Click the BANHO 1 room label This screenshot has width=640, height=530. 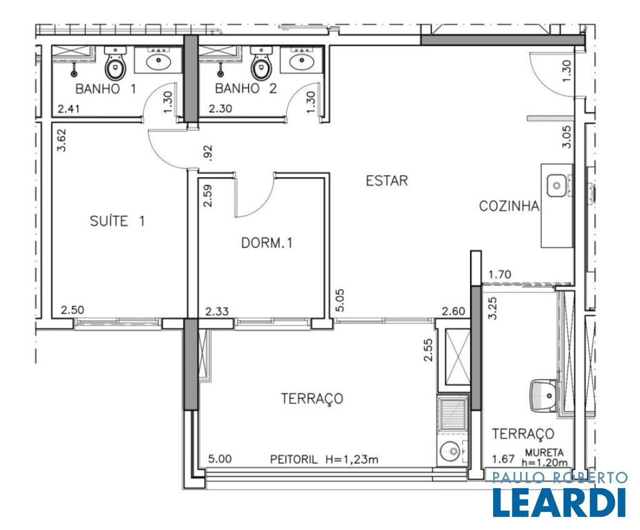point(106,89)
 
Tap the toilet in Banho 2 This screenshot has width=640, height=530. point(261,63)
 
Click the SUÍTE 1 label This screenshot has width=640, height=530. point(117,221)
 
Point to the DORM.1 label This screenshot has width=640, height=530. point(267,243)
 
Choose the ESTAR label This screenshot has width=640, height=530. point(386,180)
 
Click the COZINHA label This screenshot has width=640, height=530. point(509,206)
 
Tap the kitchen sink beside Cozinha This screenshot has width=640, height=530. point(557,185)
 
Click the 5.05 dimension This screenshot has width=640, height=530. point(339,300)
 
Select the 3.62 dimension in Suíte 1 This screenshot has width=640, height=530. point(62,140)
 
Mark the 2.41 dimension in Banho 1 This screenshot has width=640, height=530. point(68,109)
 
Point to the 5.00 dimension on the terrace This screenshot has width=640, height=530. point(219,459)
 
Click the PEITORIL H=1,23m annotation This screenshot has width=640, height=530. point(324,459)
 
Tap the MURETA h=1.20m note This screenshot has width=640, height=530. point(545,458)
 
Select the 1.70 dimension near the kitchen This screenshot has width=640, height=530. point(499,275)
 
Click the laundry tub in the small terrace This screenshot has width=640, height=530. point(544,395)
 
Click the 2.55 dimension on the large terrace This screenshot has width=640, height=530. point(428,350)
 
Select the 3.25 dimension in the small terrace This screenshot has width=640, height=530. point(493,308)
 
